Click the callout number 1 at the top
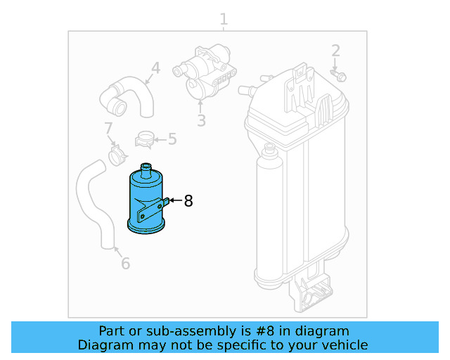[x=224, y=19]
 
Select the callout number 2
[x=335, y=51]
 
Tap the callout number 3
[x=201, y=120]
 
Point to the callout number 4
[x=155, y=68]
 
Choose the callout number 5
[x=172, y=139]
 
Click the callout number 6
[x=125, y=264]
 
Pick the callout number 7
[x=108, y=129]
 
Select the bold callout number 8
[x=188, y=201]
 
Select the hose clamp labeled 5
[x=146, y=139]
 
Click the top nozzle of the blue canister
[x=146, y=169]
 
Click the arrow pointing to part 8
[x=174, y=202]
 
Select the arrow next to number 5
[x=161, y=139]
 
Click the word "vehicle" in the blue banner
[x=344, y=345]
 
